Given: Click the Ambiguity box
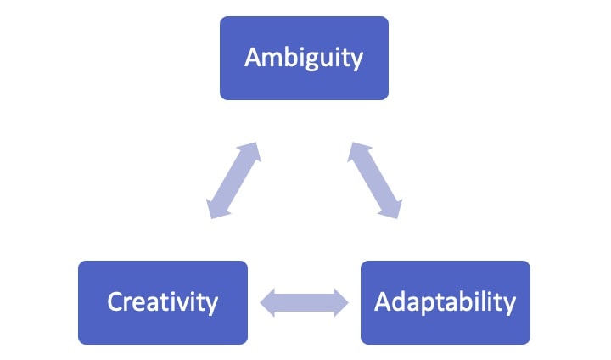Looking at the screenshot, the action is pos(304,58).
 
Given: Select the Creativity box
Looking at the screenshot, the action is pos(163,302).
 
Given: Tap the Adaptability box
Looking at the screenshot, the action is pos(446,302).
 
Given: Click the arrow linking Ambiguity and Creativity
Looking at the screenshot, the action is pos(233,181).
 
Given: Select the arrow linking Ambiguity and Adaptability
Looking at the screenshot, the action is pos(375,181).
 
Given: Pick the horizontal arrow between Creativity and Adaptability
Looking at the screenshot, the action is pos(304,302).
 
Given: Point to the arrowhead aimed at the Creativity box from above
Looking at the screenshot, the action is pos(216,207).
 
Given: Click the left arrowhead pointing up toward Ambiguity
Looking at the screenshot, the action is pos(250,153).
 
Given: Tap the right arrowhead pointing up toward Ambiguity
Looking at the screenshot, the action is pos(358,153).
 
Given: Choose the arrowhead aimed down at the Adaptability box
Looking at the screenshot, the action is pos(391,207).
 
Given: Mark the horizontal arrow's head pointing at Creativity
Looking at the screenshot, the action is pos(268,302).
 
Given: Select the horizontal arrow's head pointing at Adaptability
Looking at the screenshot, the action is pos(340,302).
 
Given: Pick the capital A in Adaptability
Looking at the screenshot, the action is pos(383,301).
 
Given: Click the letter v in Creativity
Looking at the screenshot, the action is pos(193,304).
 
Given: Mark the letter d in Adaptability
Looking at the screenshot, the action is pos(399,301).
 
